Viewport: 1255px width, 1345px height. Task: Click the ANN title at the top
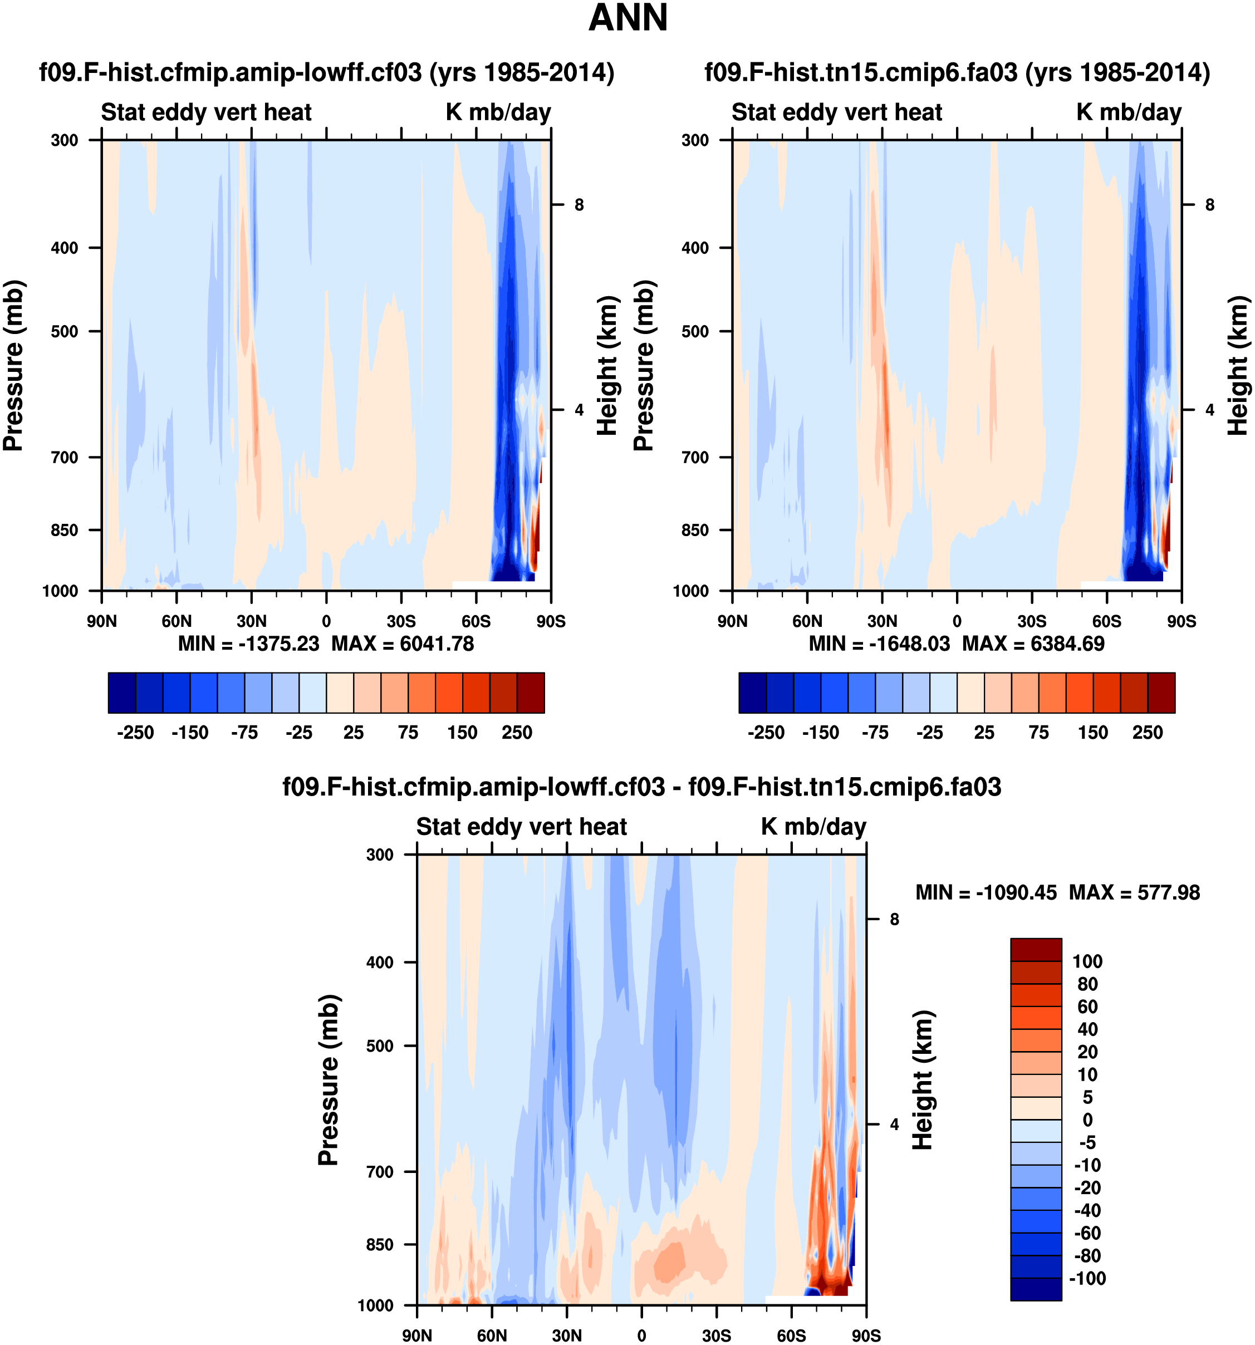628,18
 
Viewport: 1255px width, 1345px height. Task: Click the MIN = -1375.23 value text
248,644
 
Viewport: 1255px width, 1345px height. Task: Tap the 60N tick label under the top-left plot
177,621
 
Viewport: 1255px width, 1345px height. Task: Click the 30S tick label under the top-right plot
1032,621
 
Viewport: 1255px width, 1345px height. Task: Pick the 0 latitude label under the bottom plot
641,1335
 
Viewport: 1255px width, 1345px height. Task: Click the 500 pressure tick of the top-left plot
65,331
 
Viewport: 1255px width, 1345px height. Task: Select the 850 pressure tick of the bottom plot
380,1245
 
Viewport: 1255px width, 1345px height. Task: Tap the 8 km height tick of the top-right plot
1210,205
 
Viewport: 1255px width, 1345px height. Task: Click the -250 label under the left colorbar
135,733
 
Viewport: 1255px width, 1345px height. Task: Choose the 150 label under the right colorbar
1092,733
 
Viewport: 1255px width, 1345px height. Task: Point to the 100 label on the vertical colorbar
1087,961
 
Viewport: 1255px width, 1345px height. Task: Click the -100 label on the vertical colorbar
1087,1278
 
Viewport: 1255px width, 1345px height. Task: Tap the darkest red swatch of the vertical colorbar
1036,950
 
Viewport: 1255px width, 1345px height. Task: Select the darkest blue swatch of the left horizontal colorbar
122,693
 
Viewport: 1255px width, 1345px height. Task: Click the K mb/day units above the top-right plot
1129,112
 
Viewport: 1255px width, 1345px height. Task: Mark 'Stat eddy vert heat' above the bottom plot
521,827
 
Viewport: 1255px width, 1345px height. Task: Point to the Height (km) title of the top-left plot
607,365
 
